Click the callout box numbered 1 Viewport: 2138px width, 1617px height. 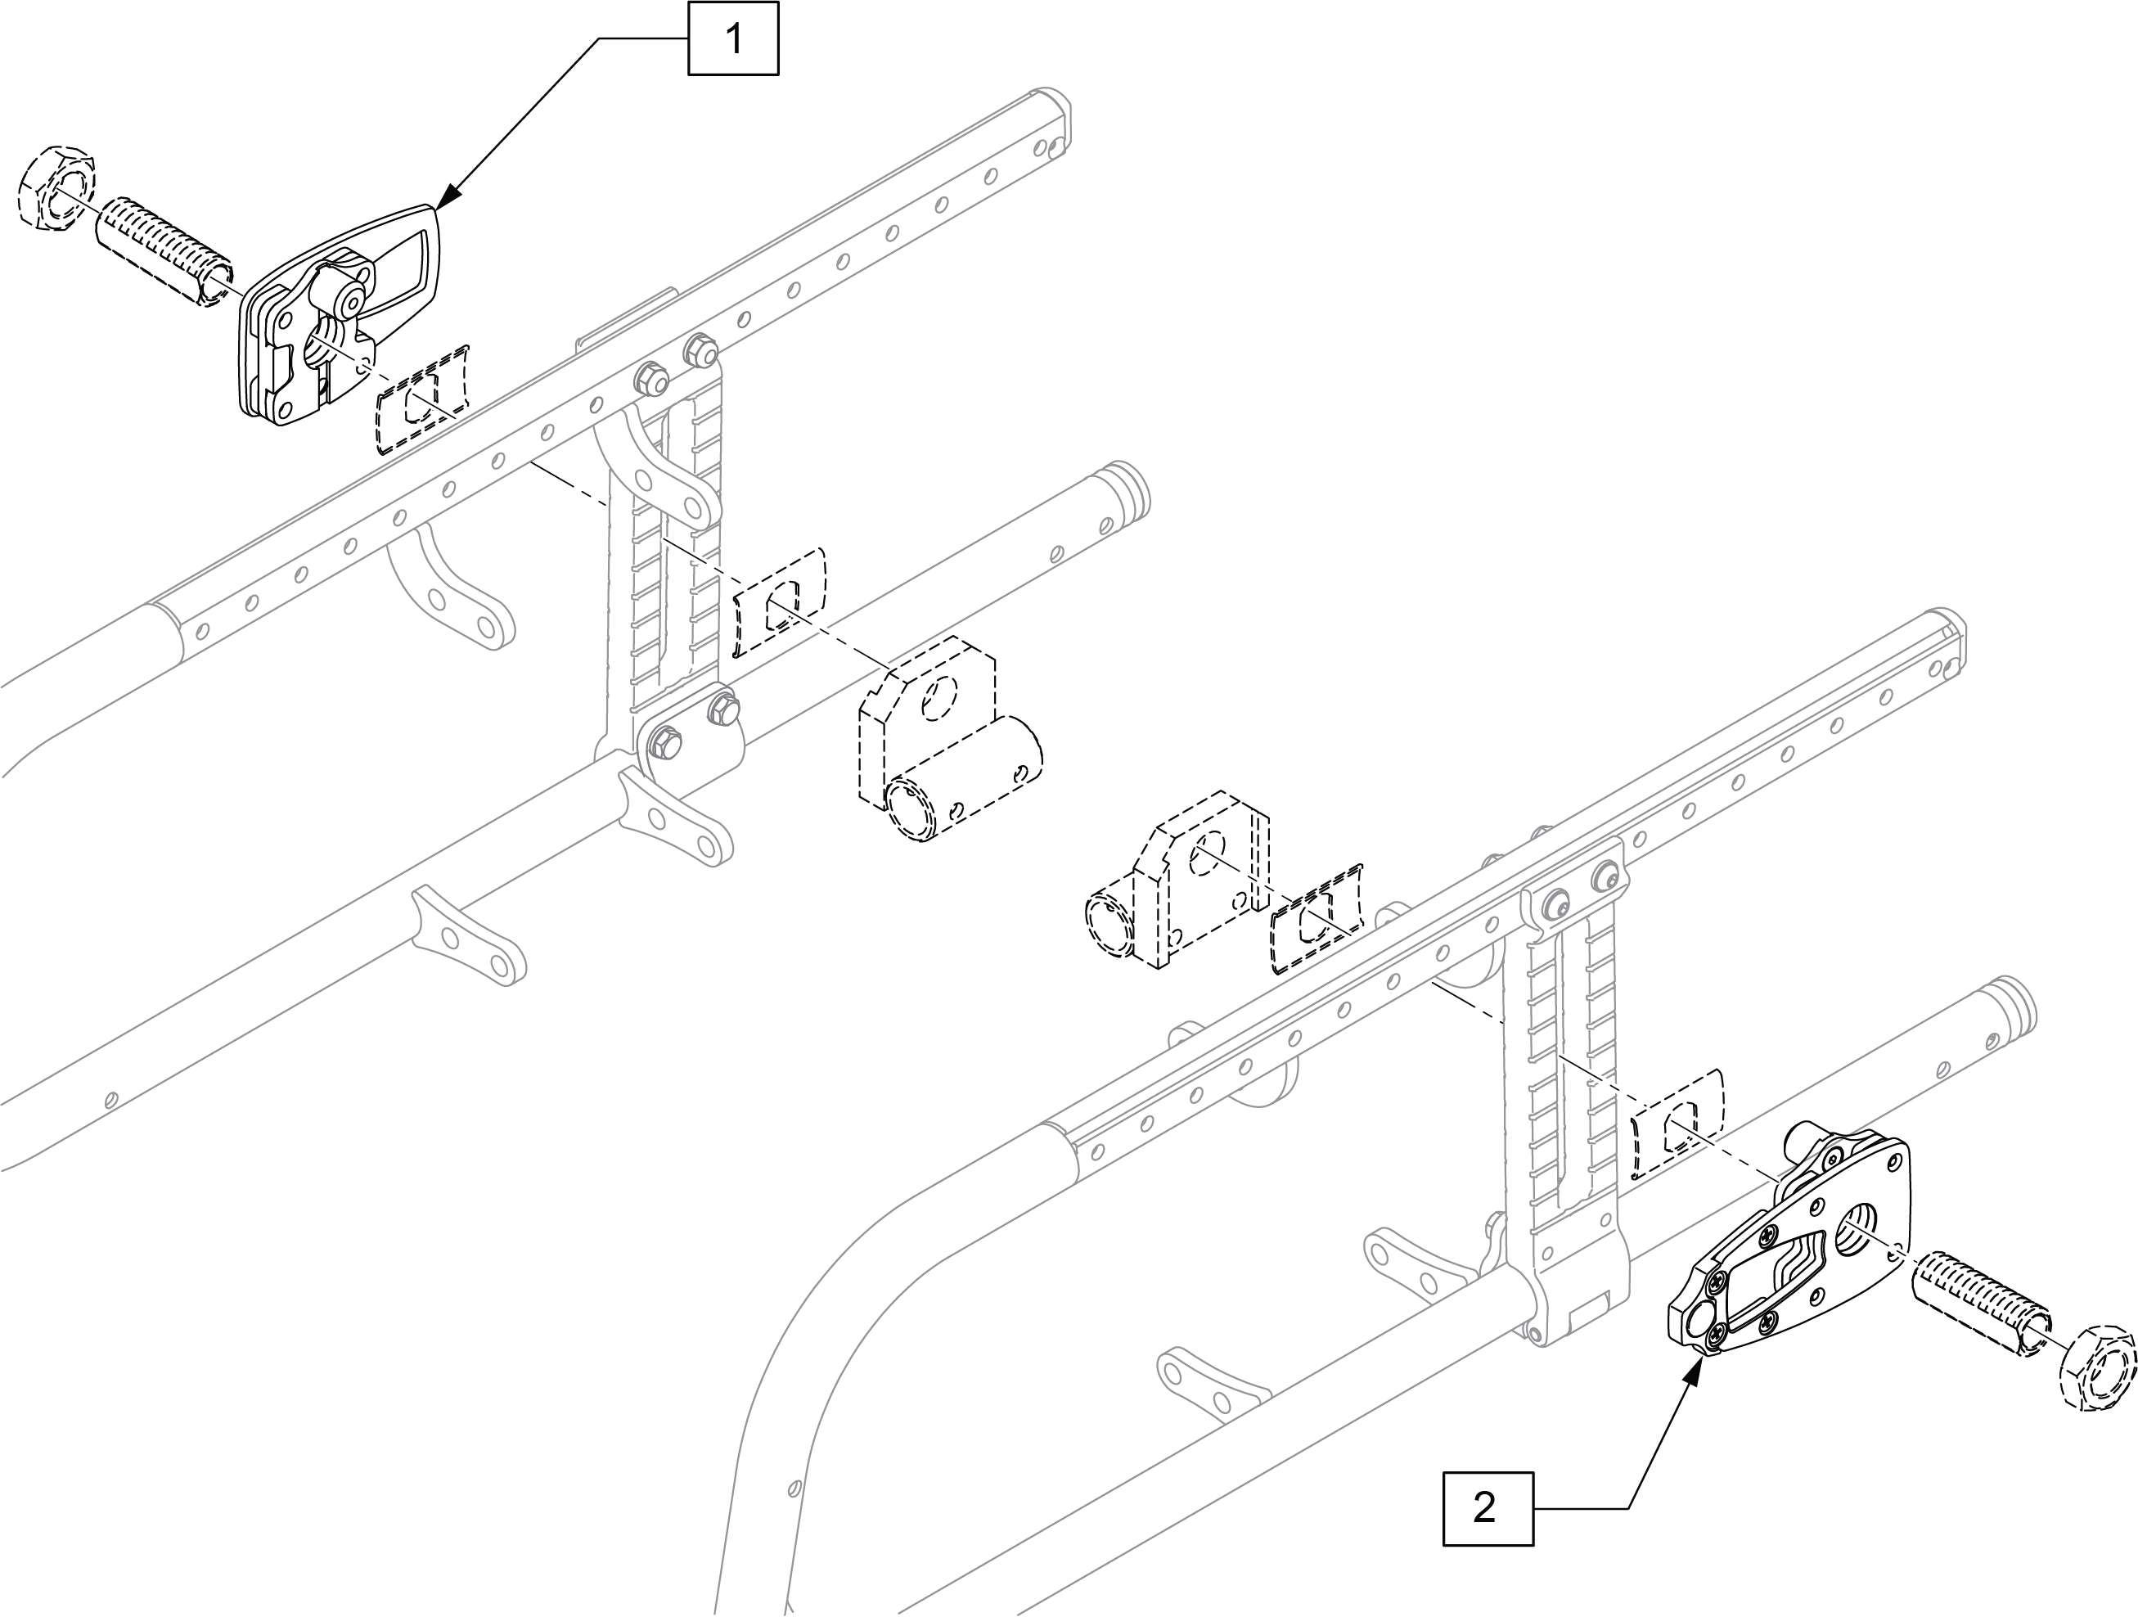732,39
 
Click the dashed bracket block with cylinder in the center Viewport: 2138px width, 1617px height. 943,740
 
